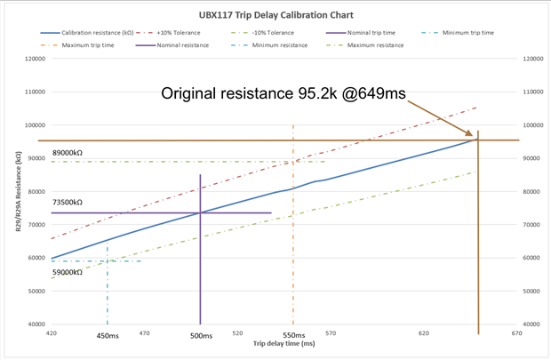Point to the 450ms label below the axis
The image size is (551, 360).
[x=108, y=337]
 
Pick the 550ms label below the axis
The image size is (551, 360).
[x=293, y=337]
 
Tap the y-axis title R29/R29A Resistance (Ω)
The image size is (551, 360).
[x=19, y=192]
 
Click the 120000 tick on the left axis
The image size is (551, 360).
[x=35, y=59]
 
